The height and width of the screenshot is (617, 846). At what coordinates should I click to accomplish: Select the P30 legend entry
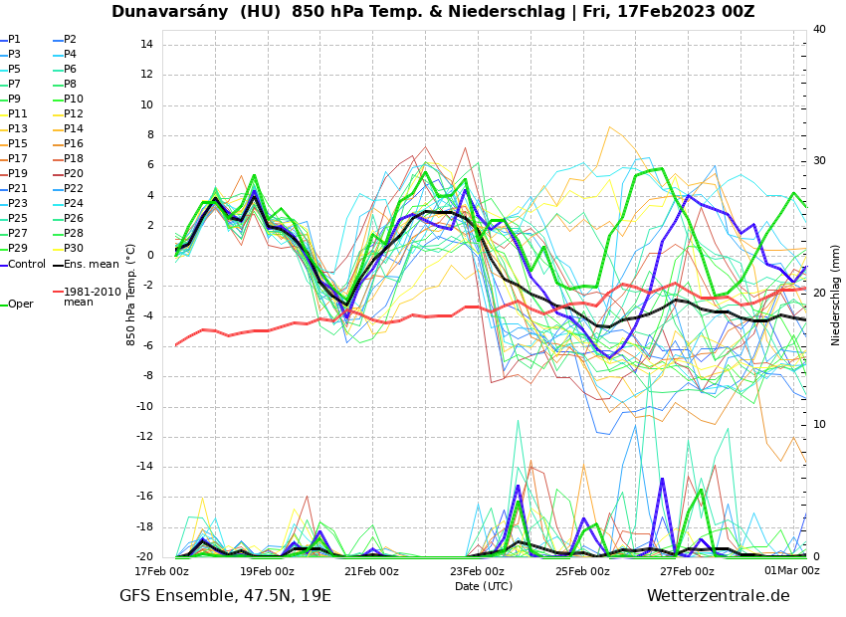tap(74, 249)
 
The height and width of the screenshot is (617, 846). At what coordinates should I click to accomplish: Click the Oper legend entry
tap(20, 305)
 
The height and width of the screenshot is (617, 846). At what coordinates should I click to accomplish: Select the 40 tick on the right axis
tap(819, 29)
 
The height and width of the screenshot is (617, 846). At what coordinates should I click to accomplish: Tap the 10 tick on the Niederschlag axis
tap(819, 425)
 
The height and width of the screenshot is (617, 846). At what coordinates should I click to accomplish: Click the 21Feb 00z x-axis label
tap(371, 571)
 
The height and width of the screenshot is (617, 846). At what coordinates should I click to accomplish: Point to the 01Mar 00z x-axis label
tap(791, 571)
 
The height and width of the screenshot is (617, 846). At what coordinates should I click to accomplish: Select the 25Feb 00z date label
tap(582, 571)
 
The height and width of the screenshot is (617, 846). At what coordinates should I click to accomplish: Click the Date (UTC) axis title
tap(484, 586)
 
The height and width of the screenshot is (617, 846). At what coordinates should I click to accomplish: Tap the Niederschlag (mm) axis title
tap(836, 295)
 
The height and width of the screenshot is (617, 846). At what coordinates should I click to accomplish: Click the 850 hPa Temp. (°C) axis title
tap(130, 295)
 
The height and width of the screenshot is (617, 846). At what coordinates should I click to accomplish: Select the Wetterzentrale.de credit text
tap(718, 596)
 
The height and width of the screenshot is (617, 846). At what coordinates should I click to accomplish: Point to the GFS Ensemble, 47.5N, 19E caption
tap(225, 596)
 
